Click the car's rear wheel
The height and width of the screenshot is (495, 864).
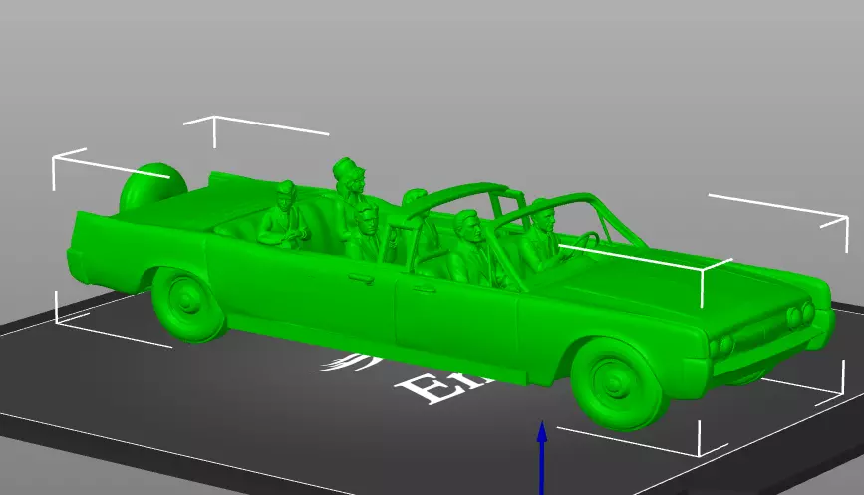pyautogui.click(x=186, y=301)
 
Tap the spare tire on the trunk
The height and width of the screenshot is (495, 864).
pyautogui.click(x=149, y=189)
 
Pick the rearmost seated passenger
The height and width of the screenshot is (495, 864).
pyautogui.click(x=282, y=215)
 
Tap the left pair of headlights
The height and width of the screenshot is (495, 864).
pyautogui.click(x=722, y=341)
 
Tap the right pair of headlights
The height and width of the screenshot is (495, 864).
pyautogui.click(x=799, y=316)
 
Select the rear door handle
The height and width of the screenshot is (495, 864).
pyautogui.click(x=354, y=276)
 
